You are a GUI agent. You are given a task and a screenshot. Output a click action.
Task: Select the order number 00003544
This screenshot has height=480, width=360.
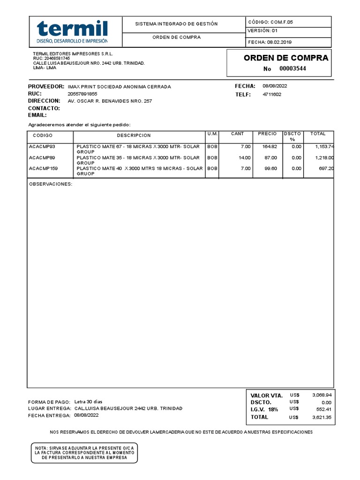click(293, 69)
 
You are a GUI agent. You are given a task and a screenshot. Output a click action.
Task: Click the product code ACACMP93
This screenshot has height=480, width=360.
click(42, 147)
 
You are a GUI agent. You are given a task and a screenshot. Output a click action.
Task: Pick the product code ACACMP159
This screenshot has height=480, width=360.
click(43, 168)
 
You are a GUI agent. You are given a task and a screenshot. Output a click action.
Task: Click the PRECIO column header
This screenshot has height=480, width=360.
click(267, 134)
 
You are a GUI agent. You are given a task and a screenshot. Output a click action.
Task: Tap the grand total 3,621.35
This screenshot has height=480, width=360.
click(322, 417)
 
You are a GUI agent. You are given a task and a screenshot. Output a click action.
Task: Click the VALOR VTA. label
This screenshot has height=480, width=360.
click(266, 396)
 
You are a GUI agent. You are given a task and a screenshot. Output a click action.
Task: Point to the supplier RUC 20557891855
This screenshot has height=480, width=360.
click(82, 94)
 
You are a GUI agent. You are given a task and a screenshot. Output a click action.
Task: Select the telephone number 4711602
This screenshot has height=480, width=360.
click(272, 94)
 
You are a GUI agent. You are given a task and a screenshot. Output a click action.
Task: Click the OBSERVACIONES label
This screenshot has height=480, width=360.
click(51, 184)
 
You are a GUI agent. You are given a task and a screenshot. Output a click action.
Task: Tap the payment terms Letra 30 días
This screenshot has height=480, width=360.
click(88, 402)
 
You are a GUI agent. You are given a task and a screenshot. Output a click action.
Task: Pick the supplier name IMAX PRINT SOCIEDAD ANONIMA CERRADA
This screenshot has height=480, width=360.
click(119, 87)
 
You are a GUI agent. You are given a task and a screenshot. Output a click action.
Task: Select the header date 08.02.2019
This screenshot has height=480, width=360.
click(279, 42)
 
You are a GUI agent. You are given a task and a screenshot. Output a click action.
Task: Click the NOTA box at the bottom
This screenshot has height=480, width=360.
click(84, 453)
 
